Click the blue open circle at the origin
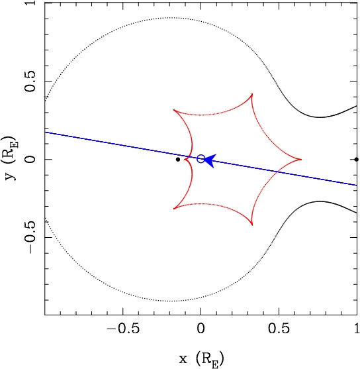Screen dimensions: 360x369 (201, 159)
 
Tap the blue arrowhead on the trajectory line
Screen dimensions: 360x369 (210, 161)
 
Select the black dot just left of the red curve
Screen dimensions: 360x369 (178, 160)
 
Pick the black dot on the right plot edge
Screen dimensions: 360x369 (357, 159)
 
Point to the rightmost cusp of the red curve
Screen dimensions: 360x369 (301, 159)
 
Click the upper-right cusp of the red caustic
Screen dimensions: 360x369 (252, 94)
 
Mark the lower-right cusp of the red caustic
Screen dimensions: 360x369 (252, 225)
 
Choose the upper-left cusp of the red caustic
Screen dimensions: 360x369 (174, 110)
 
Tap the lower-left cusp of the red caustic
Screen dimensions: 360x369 (174, 209)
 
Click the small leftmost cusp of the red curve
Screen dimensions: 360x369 (185, 160)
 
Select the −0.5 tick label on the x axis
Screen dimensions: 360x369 (123, 329)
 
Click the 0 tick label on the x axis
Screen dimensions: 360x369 (201, 329)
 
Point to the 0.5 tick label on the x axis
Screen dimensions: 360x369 (279, 329)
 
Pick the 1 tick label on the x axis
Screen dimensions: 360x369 (357, 329)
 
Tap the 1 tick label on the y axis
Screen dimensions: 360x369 (30, 3)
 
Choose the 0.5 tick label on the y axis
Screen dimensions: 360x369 (30, 81)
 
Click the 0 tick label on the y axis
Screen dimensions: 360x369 (30, 159)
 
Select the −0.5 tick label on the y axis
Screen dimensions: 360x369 (30, 237)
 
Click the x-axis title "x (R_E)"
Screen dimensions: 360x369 (202, 360)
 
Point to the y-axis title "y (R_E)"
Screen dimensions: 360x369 (11, 159)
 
